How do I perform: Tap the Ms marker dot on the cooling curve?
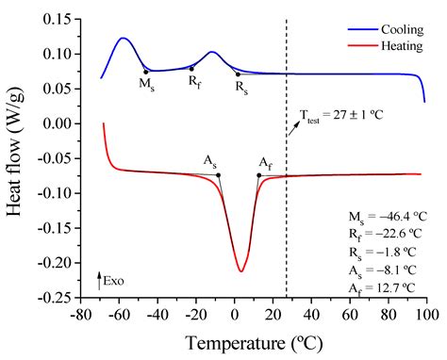coord(145,72)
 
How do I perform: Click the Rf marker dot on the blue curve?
coord(191,68)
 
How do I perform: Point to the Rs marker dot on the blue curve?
coord(238,74)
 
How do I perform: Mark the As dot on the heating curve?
coord(219,174)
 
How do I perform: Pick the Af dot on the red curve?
coord(259,174)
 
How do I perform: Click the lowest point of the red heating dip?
coord(240,271)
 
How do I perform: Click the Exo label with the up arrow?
coord(111,279)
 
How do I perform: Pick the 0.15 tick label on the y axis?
coord(58,18)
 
